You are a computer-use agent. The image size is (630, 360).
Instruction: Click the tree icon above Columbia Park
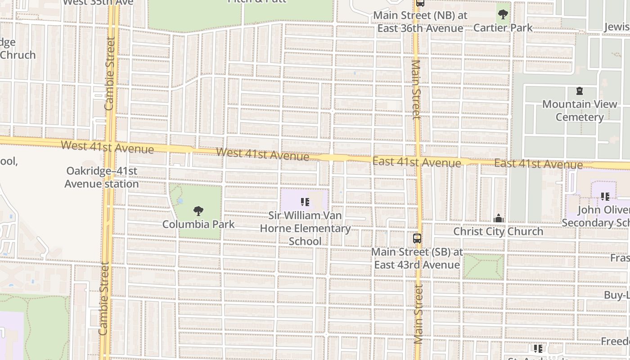coord(198,211)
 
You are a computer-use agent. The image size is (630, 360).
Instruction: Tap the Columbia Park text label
coord(198,224)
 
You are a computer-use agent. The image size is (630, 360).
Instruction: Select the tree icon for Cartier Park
coord(503,14)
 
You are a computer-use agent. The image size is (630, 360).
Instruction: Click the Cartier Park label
coord(503,28)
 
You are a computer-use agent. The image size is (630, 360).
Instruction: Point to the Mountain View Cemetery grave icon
coord(579,91)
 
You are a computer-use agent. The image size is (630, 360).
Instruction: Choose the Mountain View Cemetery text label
coord(580,111)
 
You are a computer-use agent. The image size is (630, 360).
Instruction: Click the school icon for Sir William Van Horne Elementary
coord(305,202)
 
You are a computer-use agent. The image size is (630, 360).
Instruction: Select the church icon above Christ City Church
coord(498,219)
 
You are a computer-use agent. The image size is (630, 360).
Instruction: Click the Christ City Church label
coord(498,232)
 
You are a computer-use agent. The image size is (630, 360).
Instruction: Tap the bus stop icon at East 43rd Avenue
coord(417,238)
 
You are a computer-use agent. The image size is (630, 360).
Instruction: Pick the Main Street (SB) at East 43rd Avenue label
coord(417,258)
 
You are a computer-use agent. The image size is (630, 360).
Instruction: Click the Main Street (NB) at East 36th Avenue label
coord(420,22)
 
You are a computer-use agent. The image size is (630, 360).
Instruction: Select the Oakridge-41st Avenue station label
coord(102,177)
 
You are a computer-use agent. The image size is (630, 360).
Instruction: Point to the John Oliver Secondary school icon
coord(605,196)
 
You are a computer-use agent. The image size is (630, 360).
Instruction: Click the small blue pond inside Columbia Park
coord(180,201)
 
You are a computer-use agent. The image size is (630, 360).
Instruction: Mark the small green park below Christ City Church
coord(483,266)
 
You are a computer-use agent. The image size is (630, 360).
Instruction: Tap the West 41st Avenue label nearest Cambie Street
coord(107,147)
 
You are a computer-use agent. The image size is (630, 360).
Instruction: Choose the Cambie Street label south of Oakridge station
coord(104,299)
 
